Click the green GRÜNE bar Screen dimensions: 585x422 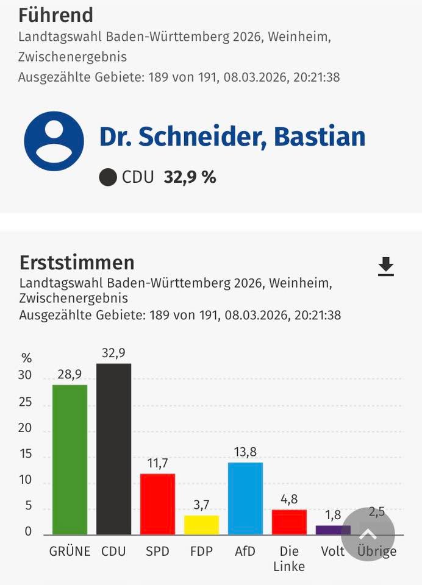tap(70, 459)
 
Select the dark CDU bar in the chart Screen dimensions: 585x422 tap(113, 449)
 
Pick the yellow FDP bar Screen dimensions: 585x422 tap(201, 525)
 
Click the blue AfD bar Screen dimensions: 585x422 tap(245, 498)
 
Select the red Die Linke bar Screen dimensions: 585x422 tap(289, 522)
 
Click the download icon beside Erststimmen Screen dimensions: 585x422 tap(386, 266)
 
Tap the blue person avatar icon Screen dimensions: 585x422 tap(54, 141)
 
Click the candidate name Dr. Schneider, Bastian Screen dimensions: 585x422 tap(232, 137)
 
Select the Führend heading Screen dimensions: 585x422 tap(55, 15)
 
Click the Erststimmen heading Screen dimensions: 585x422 tap(77, 263)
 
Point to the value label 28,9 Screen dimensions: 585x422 tap(70, 375)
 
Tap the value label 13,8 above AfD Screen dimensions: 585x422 tap(245, 452)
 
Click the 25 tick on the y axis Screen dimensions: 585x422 tap(25, 402)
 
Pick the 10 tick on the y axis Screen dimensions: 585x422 tap(25, 480)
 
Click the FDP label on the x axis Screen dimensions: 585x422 tap(201, 551)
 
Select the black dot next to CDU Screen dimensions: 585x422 tap(108, 177)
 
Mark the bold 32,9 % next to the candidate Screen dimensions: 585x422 tap(190, 177)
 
